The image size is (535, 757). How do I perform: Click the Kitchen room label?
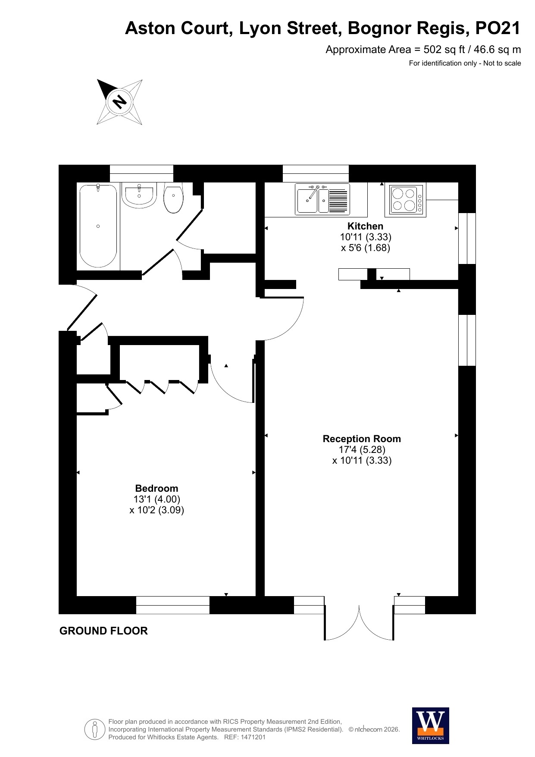(x=365, y=226)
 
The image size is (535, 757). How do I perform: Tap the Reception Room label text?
(x=362, y=439)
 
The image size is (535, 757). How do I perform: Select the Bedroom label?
(x=156, y=488)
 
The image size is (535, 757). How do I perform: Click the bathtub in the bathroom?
(x=98, y=226)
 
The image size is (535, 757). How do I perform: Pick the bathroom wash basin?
(x=139, y=195)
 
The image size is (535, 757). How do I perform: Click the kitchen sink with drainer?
(x=322, y=199)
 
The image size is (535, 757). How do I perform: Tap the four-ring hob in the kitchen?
(x=405, y=200)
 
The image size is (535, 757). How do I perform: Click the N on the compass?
(x=119, y=102)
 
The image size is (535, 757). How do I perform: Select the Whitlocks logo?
(x=430, y=726)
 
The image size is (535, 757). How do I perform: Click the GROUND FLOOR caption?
(x=103, y=631)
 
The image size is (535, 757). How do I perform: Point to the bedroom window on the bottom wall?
(x=173, y=605)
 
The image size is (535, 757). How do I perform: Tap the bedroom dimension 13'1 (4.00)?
(x=157, y=499)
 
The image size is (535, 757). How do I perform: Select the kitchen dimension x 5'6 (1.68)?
(x=366, y=248)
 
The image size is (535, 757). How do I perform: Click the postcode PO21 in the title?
(x=498, y=28)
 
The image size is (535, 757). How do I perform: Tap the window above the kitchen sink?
(x=316, y=173)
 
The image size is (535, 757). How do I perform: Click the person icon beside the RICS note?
(x=95, y=729)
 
